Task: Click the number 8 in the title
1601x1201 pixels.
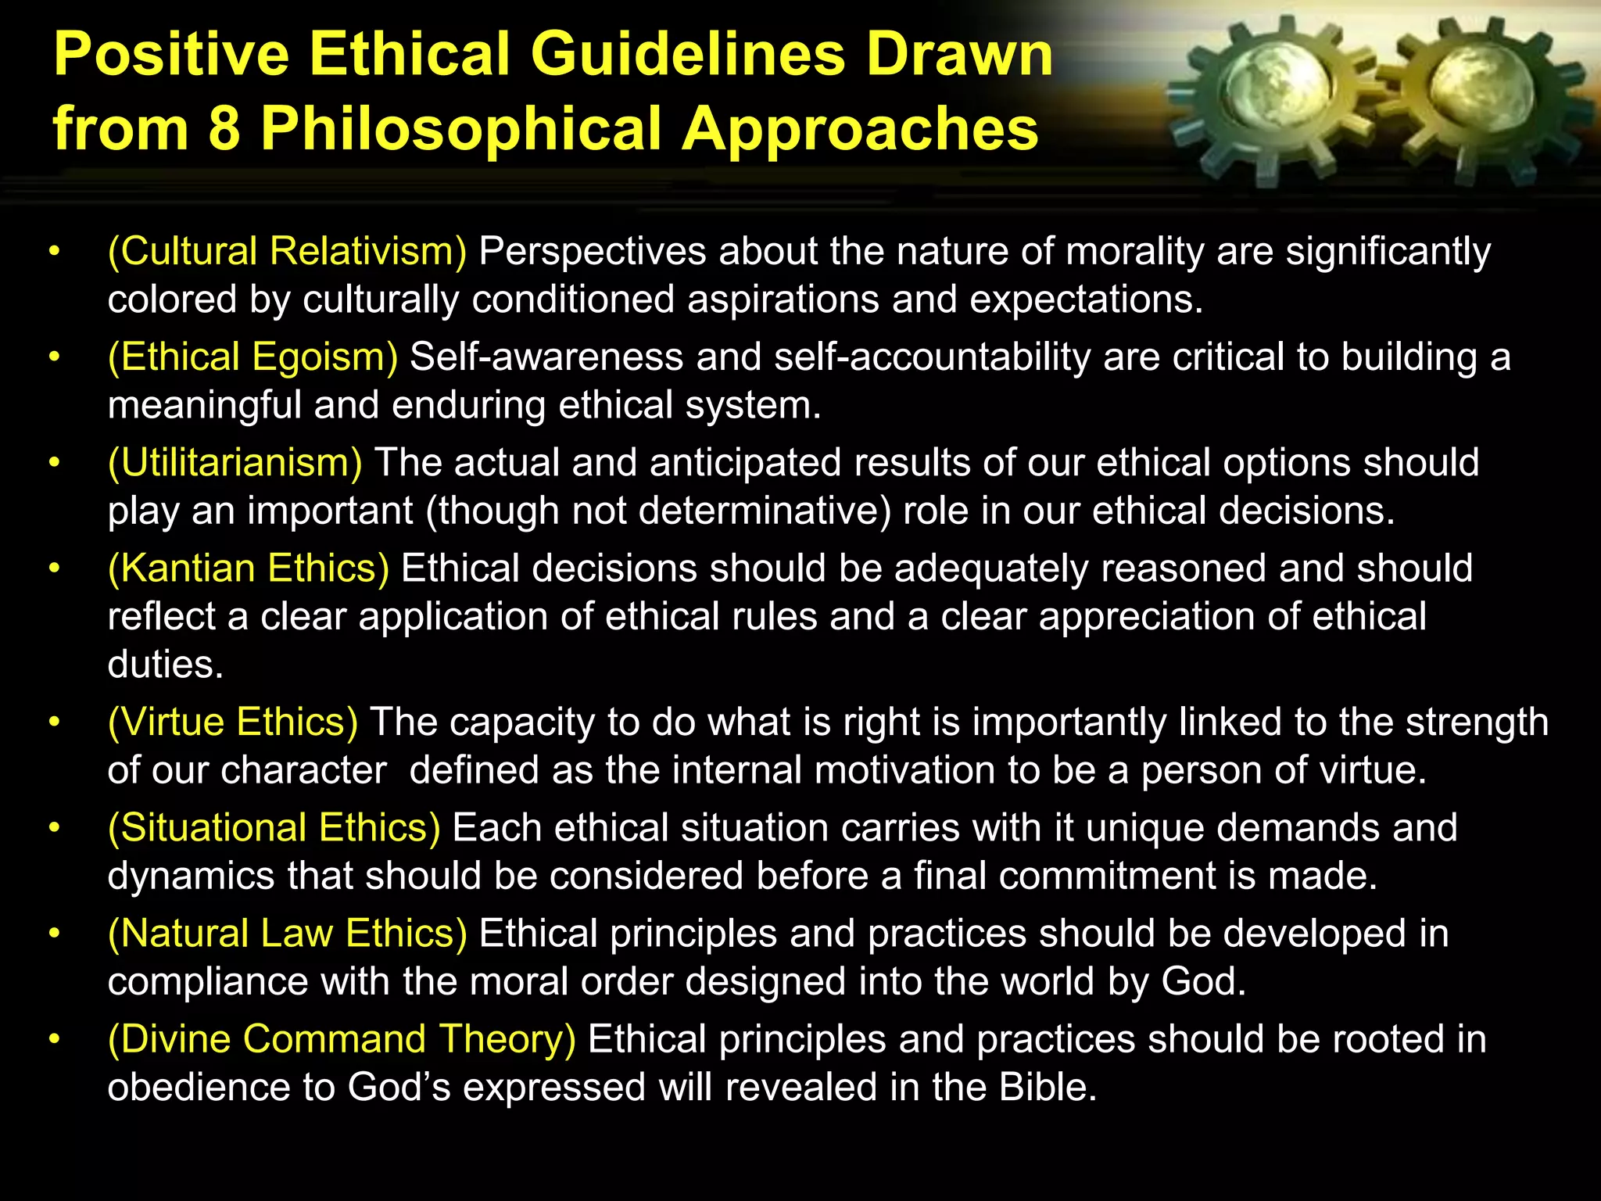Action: point(224,128)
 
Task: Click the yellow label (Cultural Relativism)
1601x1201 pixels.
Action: point(287,251)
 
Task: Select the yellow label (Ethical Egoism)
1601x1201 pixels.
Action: point(253,357)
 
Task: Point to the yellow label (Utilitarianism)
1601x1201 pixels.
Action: point(235,462)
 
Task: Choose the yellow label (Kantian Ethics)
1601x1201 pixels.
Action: point(248,568)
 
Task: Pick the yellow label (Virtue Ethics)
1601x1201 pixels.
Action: point(233,722)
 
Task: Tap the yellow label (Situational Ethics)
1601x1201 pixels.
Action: point(274,827)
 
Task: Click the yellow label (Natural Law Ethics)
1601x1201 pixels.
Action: point(287,933)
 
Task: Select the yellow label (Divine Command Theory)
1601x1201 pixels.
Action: point(342,1038)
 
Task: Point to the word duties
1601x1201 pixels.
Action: point(165,665)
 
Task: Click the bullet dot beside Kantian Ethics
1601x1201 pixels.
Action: point(54,568)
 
